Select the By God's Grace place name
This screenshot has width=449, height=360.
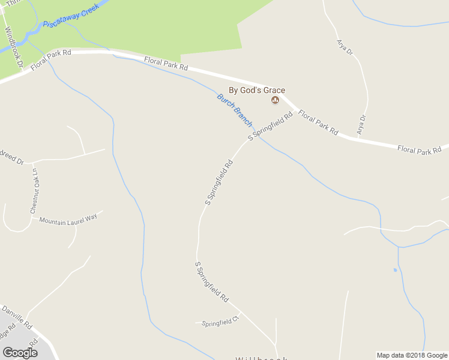(257, 90)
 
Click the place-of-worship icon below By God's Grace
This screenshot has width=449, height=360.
(276, 100)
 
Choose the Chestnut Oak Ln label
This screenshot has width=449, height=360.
(34, 191)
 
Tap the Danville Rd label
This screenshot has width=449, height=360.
(16, 317)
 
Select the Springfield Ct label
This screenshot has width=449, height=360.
(220, 323)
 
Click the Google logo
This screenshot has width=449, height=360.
(20, 352)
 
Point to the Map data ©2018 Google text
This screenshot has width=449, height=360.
(412, 355)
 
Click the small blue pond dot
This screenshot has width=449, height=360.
(395, 270)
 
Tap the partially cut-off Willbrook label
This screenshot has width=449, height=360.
(262, 358)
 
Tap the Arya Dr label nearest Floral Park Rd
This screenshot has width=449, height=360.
(361, 124)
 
